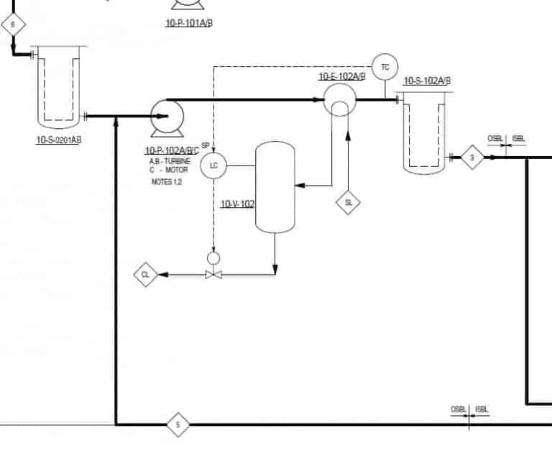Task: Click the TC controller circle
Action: (x=385, y=67)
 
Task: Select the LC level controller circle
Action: (x=213, y=166)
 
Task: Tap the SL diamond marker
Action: (x=349, y=203)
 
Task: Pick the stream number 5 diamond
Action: (x=178, y=425)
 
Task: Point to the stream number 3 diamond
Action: (x=472, y=157)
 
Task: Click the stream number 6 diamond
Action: (x=13, y=25)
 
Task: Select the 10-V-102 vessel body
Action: (x=275, y=187)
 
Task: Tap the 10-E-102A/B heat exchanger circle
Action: (x=338, y=99)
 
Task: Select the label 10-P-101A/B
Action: (x=189, y=23)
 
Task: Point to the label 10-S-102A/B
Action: (x=428, y=81)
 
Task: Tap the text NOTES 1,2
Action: (x=167, y=182)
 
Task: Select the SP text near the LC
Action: (x=206, y=145)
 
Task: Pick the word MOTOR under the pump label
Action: (x=176, y=171)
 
